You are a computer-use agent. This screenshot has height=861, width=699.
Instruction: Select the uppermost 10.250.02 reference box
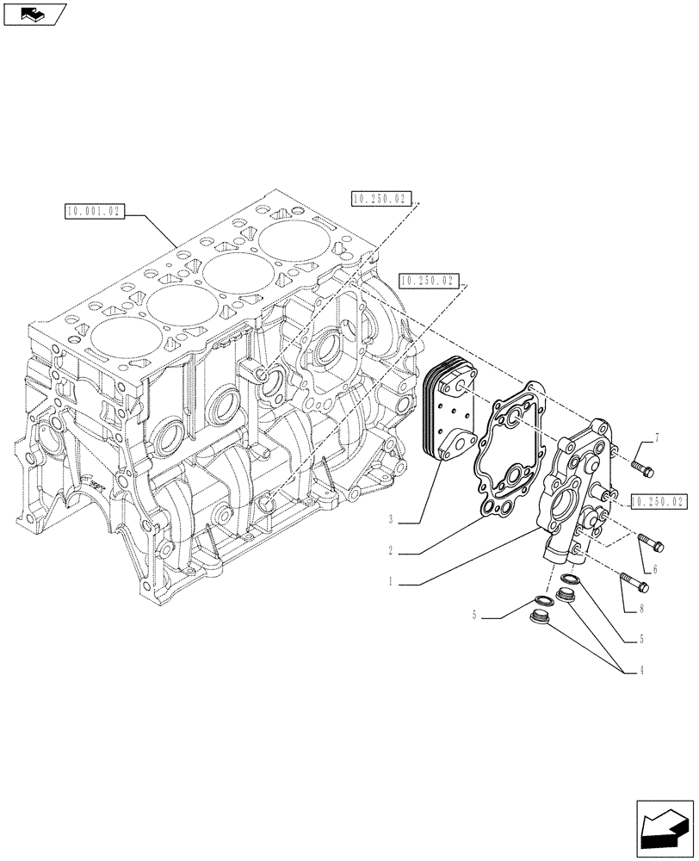[382, 199]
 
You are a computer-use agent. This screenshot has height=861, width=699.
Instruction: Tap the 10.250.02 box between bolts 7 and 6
[659, 500]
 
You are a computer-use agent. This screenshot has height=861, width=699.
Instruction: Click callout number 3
[390, 520]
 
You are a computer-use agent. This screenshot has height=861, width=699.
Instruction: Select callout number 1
[390, 582]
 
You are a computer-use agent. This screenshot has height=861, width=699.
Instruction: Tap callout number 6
[655, 569]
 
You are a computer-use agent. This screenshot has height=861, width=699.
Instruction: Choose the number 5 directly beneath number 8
[641, 640]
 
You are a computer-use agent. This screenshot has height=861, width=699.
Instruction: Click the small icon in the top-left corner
[34, 15]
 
